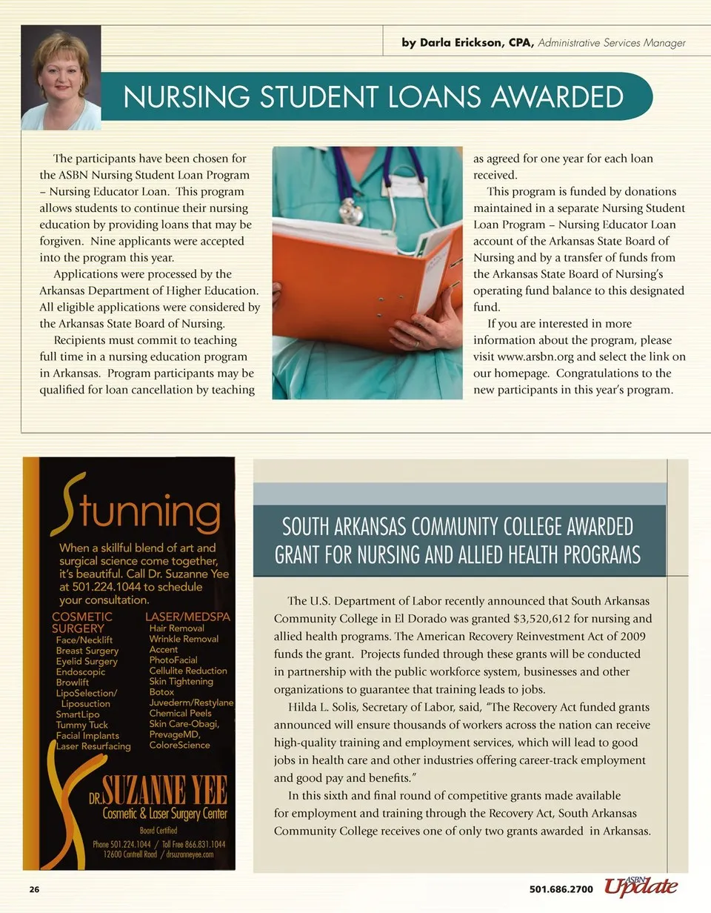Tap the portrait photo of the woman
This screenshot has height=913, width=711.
[61, 78]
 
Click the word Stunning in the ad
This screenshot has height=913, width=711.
[137, 511]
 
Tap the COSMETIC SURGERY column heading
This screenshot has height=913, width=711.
[82, 622]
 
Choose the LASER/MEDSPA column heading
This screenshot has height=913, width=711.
[188, 617]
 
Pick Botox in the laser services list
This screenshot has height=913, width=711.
[161, 692]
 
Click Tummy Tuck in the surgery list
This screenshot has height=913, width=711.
[81, 725]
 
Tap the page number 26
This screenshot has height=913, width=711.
[34, 889]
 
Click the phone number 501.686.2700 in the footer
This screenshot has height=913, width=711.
[561, 889]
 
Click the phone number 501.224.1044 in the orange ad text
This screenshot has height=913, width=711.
[102, 586]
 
